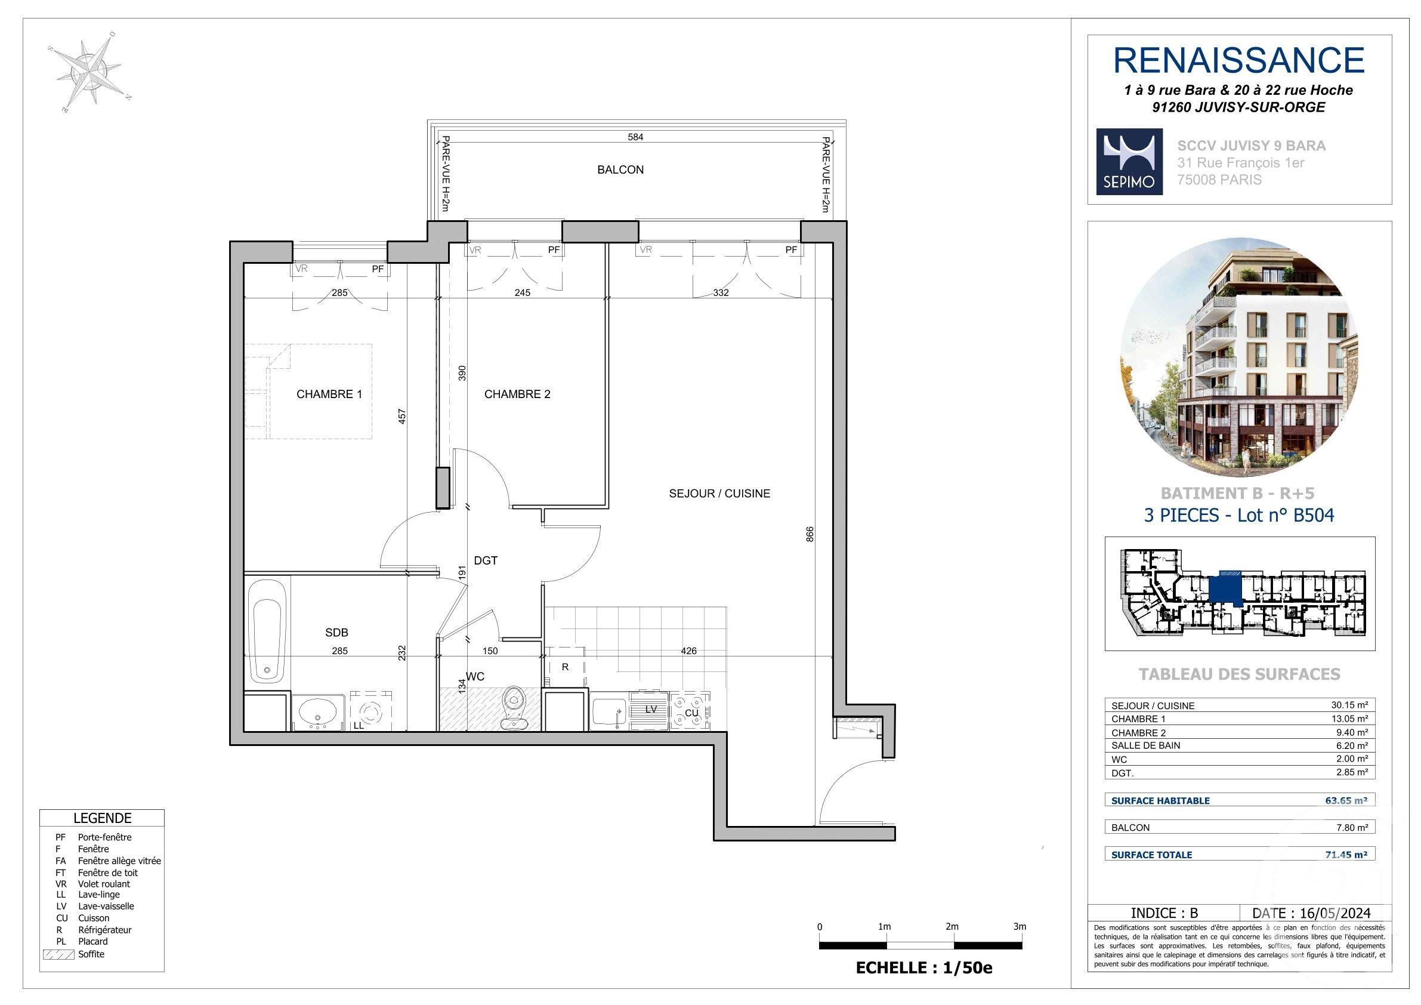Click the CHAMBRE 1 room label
(329, 394)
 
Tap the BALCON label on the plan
(620, 169)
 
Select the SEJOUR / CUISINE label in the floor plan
(719, 494)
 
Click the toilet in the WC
(512, 708)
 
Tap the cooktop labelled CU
(690, 711)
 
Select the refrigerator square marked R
(564, 667)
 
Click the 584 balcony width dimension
(635, 137)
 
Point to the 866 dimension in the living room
(810, 534)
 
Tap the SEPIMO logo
(1129, 162)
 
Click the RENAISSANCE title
(1238, 60)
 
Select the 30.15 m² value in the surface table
(1349, 705)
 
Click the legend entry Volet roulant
(103, 884)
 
